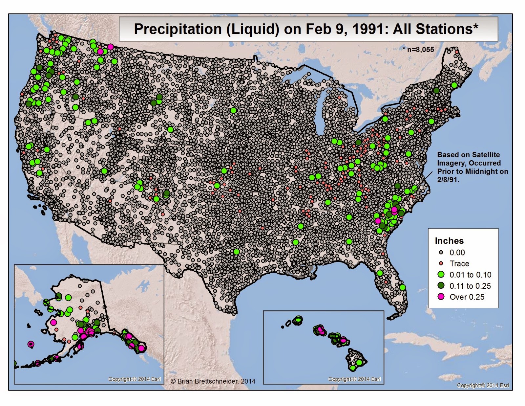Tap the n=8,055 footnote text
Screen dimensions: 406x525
click(420, 50)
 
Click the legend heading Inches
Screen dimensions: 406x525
click(449, 241)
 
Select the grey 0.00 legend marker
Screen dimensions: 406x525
click(441, 253)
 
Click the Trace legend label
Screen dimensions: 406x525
click(459, 263)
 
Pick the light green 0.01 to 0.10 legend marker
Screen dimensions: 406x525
click(441, 275)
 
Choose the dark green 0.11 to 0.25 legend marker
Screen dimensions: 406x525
click(441, 285)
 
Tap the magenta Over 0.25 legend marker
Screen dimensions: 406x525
click(441, 297)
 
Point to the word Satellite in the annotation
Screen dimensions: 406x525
click(485, 155)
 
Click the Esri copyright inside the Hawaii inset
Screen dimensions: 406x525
click(354, 379)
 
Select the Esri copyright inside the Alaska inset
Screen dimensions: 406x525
click(135, 379)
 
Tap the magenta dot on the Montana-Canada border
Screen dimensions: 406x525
click(110, 47)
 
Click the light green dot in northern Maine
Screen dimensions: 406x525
click(454, 85)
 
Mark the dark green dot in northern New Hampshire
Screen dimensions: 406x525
click(436, 91)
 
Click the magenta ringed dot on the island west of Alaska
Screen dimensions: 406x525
click(31, 344)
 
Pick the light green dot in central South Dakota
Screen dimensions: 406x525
click(233, 110)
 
